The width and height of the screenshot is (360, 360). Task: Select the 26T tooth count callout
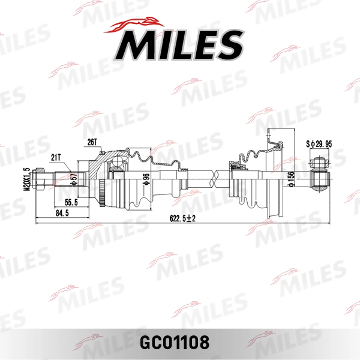click(91, 142)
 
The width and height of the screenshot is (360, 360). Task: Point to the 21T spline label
click(56, 157)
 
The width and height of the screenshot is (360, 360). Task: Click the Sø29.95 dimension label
click(318, 145)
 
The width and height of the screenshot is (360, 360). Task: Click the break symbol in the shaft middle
click(212, 178)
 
